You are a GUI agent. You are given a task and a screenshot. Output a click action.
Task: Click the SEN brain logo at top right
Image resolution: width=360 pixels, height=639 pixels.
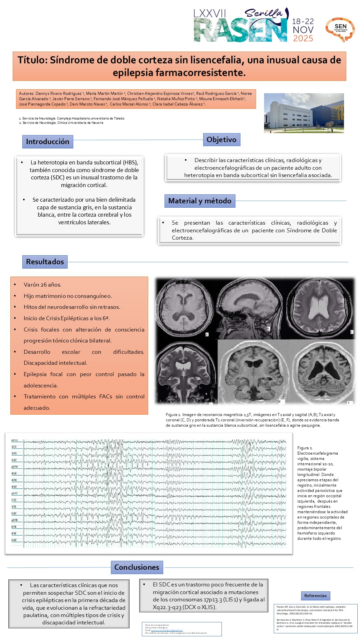pos(340,29)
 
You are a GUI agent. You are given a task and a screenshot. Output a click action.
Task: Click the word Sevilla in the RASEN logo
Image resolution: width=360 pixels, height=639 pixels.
pos(263,13)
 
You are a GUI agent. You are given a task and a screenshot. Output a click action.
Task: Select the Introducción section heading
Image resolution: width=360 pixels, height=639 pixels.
pos(48,142)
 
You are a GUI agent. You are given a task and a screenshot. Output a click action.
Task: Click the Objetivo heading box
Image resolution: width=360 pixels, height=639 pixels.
pos(221,140)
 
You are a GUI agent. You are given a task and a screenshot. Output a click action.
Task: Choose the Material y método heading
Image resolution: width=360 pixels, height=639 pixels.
pos(200,201)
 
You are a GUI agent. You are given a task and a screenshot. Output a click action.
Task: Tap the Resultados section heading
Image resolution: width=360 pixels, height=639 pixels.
pos(45,262)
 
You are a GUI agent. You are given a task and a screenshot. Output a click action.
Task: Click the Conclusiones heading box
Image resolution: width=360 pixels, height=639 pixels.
pos(137,567)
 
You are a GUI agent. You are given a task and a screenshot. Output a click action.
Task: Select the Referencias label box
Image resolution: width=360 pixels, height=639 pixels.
pos(315,596)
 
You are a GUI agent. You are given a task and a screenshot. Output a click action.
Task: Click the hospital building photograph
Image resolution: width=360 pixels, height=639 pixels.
pos(304,113)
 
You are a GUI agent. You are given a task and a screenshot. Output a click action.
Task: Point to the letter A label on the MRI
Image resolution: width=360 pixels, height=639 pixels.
pos(207,334)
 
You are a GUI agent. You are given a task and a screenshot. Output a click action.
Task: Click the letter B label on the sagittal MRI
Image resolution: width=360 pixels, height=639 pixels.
pos(268,328)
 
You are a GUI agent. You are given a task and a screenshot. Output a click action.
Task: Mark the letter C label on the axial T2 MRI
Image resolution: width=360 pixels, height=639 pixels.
pos(351,332)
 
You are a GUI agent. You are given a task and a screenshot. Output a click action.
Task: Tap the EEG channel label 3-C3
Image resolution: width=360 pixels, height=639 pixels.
pos(14,447)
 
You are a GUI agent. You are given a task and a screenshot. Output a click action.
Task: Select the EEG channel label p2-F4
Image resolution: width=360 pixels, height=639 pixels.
pos(15,467)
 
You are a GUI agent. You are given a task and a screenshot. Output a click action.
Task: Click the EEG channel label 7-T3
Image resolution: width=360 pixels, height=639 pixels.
pos(14,500)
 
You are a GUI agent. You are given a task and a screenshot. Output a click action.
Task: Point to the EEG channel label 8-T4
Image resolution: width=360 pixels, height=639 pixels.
pos(14,527)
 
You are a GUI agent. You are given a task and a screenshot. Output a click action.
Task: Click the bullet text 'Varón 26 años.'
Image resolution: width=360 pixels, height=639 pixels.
pos(42,285)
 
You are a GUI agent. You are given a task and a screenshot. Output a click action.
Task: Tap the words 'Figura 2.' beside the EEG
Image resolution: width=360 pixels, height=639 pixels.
pos(305,448)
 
